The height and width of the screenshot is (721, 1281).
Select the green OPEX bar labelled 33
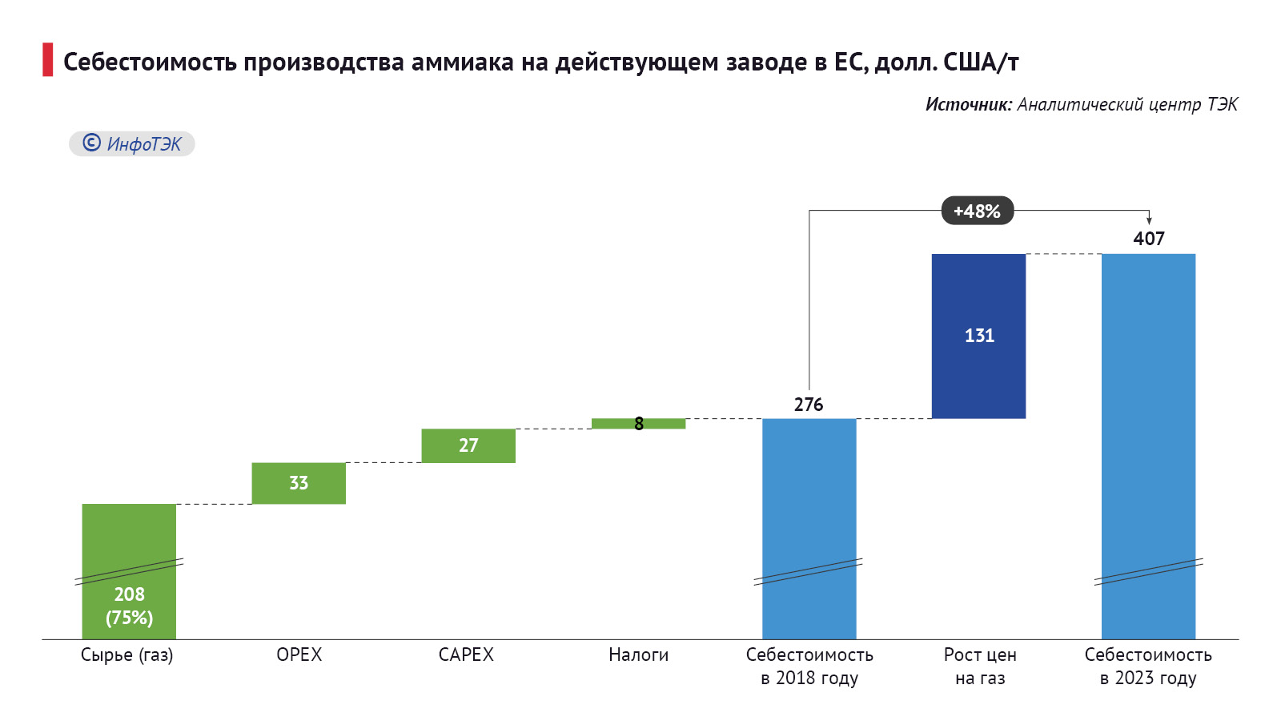click(x=299, y=483)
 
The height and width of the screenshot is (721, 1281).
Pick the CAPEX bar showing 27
click(x=468, y=445)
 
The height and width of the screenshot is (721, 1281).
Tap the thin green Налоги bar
click(x=616, y=424)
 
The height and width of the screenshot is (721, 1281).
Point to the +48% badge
click(x=977, y=211)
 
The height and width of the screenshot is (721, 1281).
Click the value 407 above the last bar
click(x=1148, y=239)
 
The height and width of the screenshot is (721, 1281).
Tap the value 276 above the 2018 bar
click(x=809, y=405)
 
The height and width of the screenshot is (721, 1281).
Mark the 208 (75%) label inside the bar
click(x=129, y=606)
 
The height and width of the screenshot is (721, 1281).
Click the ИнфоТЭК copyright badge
click(x=132, y=143)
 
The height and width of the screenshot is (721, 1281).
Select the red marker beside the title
click(x=47, y=60)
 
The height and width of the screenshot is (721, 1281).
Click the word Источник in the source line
click(x=968, y=104)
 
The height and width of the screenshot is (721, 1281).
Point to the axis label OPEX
click(x=299, y=655)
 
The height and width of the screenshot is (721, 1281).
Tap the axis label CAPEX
click(x=466, y=655)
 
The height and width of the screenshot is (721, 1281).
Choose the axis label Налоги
click(x=638, y=655)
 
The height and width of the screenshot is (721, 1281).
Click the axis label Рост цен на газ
click(x=980, y=666)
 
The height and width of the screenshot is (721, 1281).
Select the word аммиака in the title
click(x=462, y=62)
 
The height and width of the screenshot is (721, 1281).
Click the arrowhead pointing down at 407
click(x=1149, y=220)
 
